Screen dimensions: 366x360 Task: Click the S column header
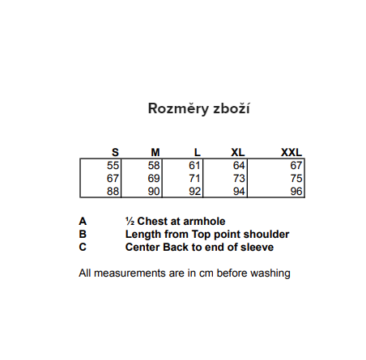pos(115,153)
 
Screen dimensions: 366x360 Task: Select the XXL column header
pos(292,153)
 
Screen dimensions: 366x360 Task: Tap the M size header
pos(155,153)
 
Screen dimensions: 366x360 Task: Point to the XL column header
pos(238,153)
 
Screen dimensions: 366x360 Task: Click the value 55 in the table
pos(113,166)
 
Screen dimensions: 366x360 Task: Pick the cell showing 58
pos(154,166)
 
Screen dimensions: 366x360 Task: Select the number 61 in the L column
pos(194,166)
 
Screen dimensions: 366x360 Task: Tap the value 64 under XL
pos(239,166)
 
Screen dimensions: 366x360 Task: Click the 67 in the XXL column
pos(296,166)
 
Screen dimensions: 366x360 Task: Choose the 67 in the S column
pos(113,179)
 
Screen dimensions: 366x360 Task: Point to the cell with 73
pos(239,179)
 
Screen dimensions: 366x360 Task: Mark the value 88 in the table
pos(113,192)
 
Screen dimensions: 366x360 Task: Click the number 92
pos(194,192)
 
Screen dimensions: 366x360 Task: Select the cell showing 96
pos(296,192)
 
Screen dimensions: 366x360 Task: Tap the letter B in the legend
pos(83,234)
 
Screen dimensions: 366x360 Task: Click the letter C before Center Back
pos(83,247)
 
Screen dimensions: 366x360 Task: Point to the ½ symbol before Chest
pos(130,222)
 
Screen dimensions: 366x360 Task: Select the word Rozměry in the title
pos(178,108)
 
